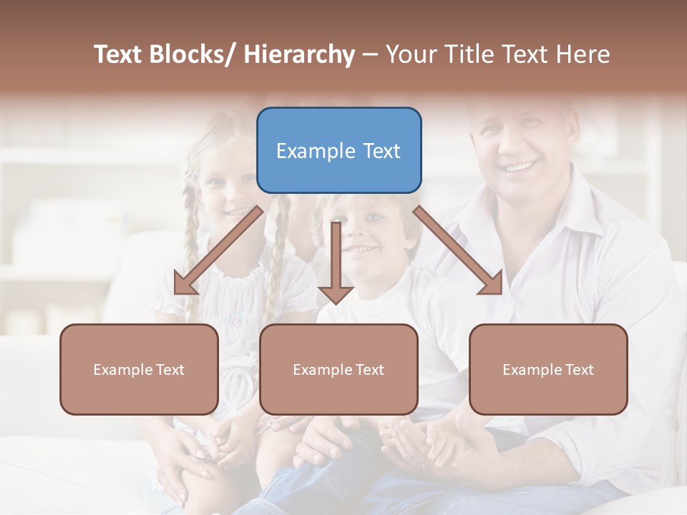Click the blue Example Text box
[x=338, y=150]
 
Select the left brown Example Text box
[x=139, y=369]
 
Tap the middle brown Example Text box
[x=338, y=369]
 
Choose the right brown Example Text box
[x=548, y=369]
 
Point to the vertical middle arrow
[x=336, y=262]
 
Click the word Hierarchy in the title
[x=299, y=54]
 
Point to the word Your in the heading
[x=410, y=54]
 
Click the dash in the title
[x=370, y=54]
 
